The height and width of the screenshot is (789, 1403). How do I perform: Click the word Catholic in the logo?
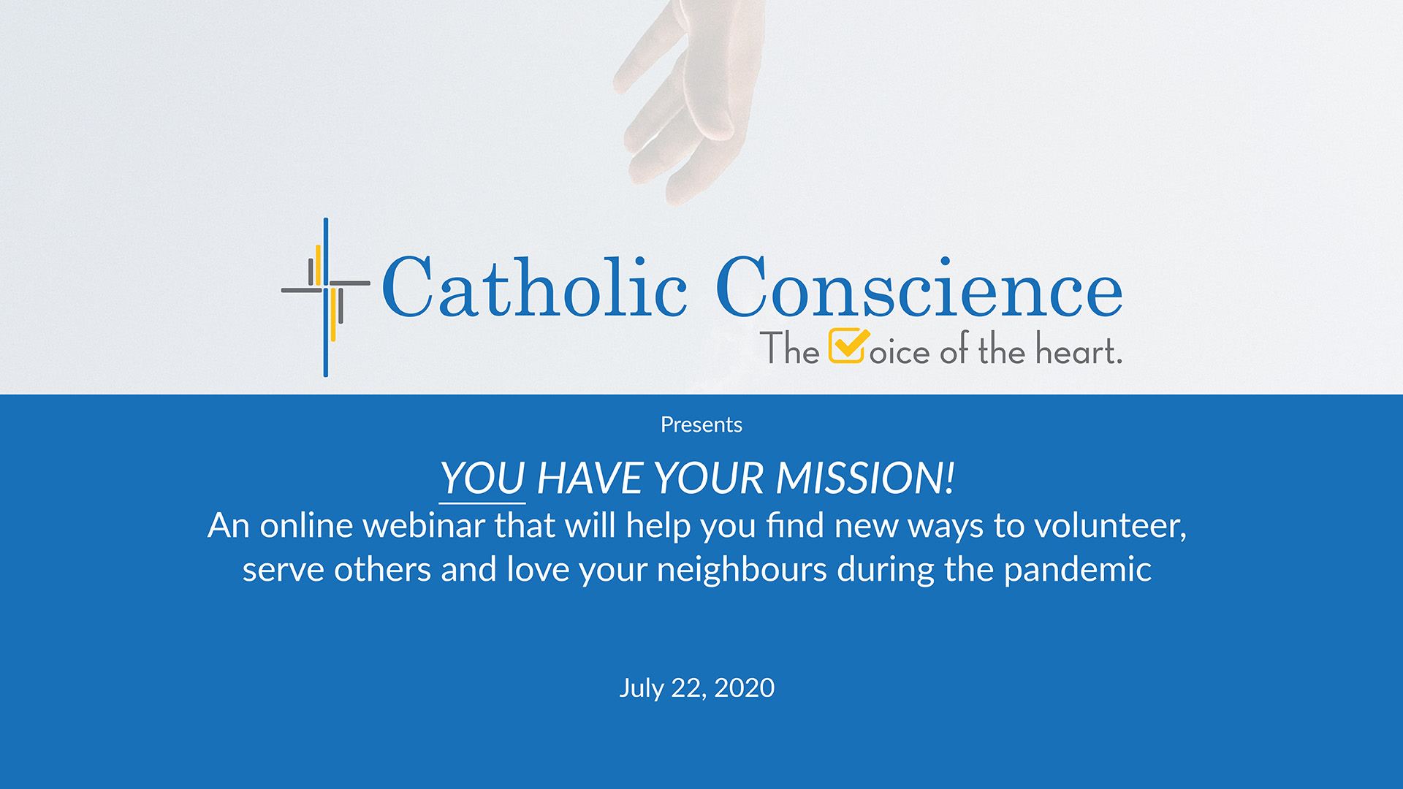point(534,288)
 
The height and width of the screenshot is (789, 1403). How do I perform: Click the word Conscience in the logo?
point(919,288)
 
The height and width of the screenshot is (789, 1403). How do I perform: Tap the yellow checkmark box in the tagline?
point(848,346)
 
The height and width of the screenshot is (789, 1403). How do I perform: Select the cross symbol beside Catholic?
point(326,297)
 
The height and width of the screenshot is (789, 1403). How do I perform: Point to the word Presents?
point(701,424)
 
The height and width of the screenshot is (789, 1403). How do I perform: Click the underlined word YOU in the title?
point(482,479)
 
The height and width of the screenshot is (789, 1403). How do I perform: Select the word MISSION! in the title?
point(864,479)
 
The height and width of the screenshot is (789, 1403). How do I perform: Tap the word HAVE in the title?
point(589,479)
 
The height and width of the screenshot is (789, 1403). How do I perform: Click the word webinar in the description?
point(424,525)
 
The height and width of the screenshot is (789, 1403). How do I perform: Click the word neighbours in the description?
point(741,570)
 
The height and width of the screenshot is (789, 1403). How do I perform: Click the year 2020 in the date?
point(744,687)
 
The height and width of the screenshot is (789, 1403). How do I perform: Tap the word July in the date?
point(641,688)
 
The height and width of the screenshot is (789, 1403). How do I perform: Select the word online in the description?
point(306,525)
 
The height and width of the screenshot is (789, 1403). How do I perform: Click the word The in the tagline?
point(789,349)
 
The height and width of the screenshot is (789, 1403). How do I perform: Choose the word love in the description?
point(538,570)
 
